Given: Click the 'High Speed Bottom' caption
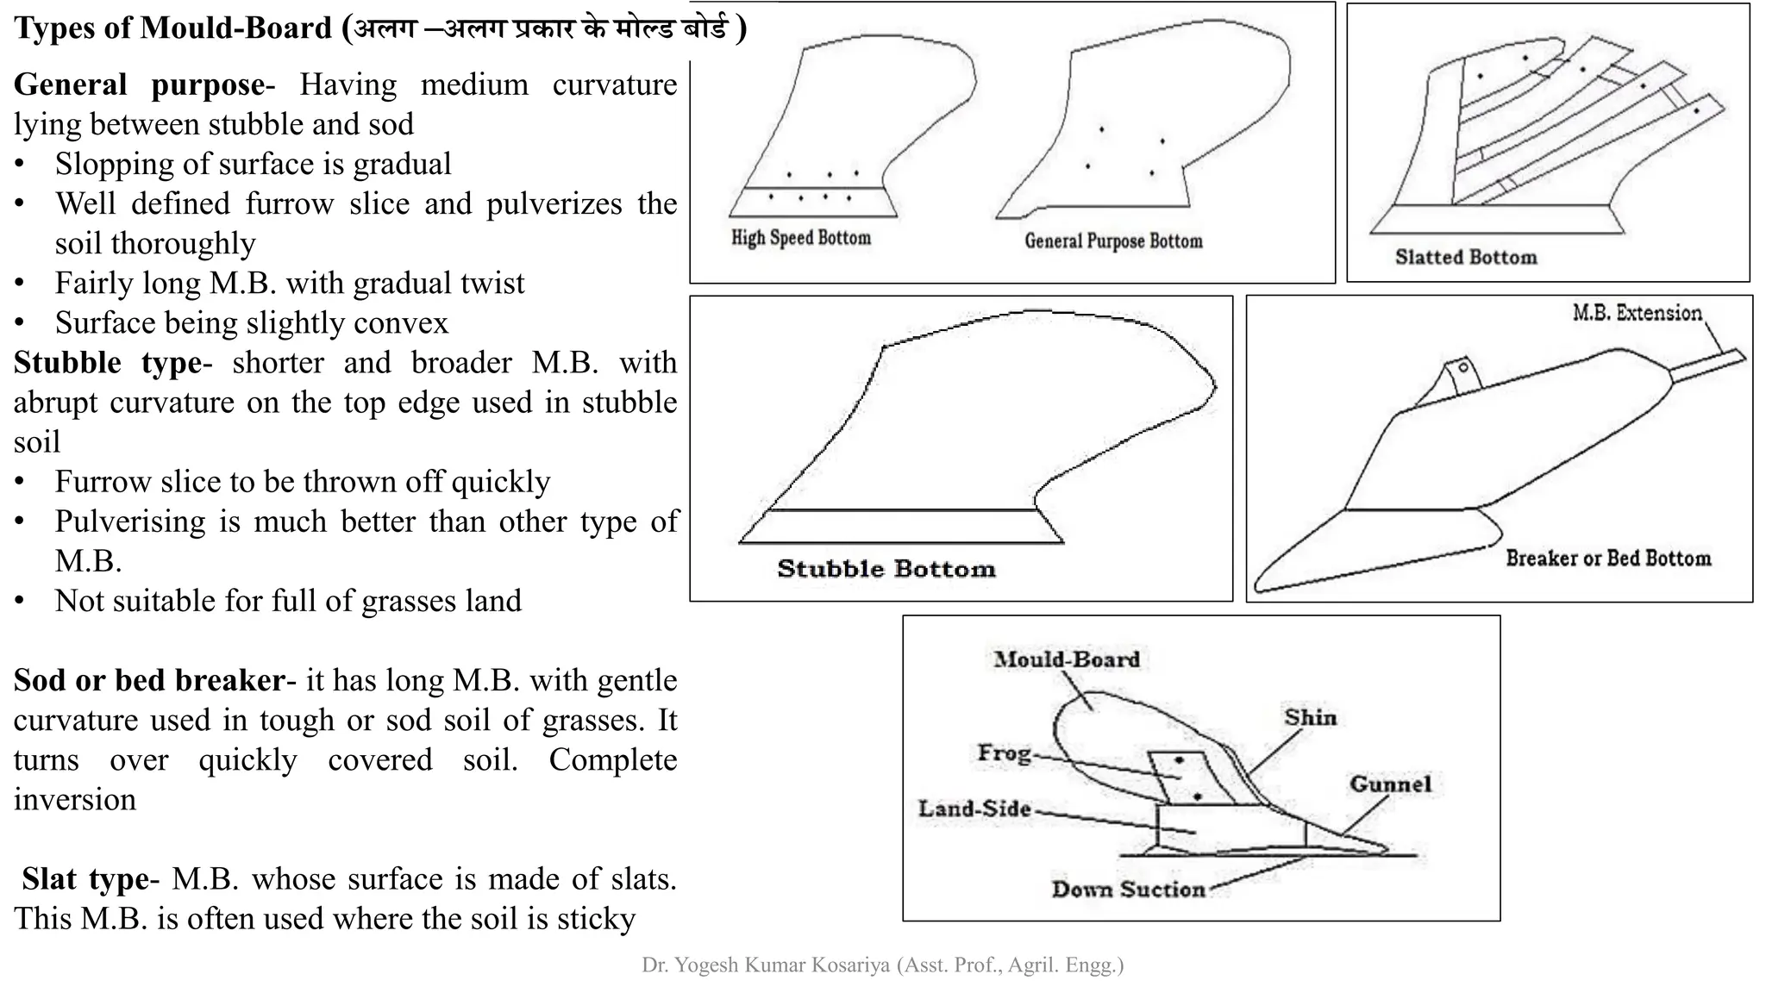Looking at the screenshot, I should [801, 238].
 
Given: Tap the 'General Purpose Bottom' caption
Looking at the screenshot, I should [1113, 241].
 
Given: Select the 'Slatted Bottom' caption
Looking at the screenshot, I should [1466, 257].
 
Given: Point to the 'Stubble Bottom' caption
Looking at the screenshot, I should [886, 569].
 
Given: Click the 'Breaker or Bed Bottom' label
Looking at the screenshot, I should [1608, 559].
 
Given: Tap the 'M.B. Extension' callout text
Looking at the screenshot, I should [1637, 313].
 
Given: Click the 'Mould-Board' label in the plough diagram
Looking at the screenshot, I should [1067, 659].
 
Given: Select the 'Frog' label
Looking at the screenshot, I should [1004, 753].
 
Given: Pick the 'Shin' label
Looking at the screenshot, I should [1310, 717].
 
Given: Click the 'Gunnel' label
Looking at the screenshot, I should [1390, 784].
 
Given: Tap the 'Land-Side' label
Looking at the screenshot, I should [974, 809].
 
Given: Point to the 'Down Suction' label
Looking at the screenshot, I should [1128, 889].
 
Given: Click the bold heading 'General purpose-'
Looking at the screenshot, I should [144, 84].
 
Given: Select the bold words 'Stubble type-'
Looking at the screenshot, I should [112, 362].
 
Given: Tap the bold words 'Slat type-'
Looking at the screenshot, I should [91, 878].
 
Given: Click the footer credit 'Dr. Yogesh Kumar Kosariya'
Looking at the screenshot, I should [765, 965].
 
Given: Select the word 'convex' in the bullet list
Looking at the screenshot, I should [405, 322].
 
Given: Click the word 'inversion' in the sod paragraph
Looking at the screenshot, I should [75, 799].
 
